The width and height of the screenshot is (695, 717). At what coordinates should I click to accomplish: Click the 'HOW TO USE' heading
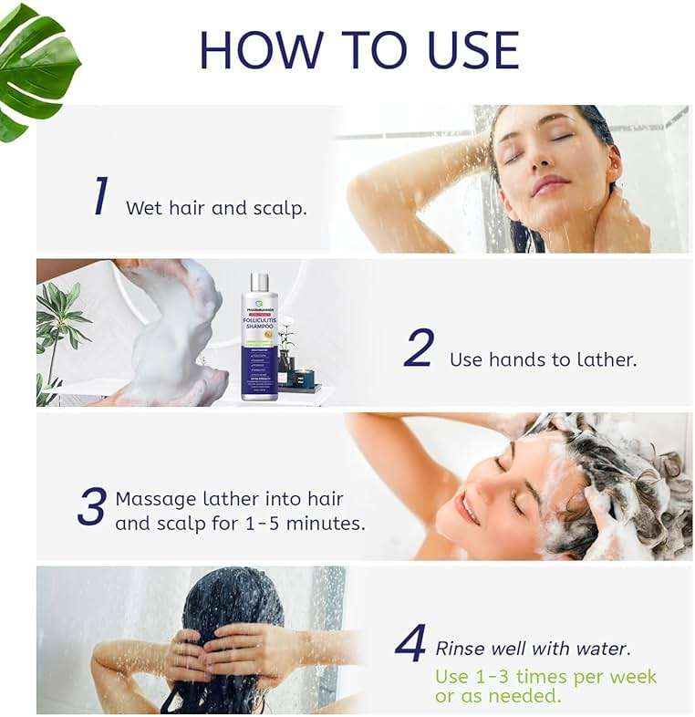click(358, 50)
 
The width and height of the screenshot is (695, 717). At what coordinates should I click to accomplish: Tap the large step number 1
click(100, 197)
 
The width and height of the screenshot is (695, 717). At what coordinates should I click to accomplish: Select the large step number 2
click(419, 349)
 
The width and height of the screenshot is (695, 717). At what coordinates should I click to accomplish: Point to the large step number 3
click(91, 508)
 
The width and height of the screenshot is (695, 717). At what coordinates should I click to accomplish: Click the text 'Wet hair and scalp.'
click(216, 208)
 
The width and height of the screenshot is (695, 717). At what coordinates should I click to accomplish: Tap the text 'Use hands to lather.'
click(543, 359)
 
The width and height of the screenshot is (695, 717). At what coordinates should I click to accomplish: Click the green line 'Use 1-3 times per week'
click(545, 676)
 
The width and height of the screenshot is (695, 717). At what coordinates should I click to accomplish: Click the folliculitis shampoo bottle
click(260, 338)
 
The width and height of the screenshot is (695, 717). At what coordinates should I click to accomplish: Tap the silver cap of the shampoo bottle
click(260, 282)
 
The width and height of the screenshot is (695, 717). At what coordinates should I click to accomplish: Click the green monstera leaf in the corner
click(36, 68)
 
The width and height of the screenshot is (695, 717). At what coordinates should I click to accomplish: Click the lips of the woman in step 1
click(550, 185)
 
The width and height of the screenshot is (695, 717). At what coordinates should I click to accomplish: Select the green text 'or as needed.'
click(498, 696)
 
